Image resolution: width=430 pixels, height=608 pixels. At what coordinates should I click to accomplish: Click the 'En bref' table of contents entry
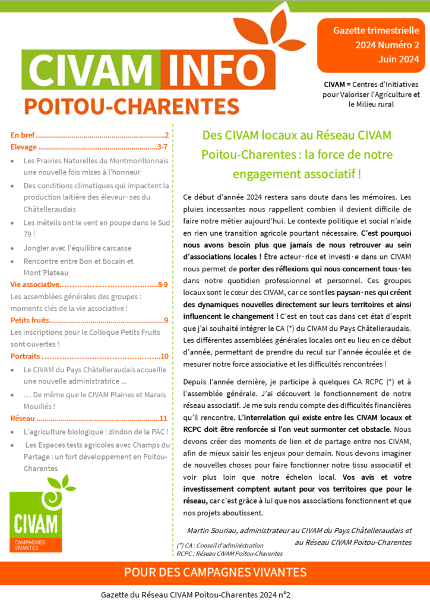[23, 134]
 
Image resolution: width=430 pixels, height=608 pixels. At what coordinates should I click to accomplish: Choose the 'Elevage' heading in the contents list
[24, 147]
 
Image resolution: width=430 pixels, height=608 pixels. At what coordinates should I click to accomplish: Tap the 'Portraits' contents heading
[26, 356]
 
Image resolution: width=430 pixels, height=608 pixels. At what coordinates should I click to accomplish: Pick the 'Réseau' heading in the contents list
[23, 419]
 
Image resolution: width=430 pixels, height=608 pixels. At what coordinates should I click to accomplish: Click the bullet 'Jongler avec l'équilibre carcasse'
[77, 248]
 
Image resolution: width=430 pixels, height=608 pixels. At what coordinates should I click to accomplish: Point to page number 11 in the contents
[164, 419]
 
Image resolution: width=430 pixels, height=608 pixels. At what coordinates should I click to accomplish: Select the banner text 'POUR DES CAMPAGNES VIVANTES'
[215, 572]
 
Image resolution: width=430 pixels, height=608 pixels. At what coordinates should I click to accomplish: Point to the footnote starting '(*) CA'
[220, 545]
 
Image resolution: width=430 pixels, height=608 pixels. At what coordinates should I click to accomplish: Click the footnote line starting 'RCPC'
[229, 553]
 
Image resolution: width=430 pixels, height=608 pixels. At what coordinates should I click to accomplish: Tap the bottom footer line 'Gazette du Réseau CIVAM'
[199, 594]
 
